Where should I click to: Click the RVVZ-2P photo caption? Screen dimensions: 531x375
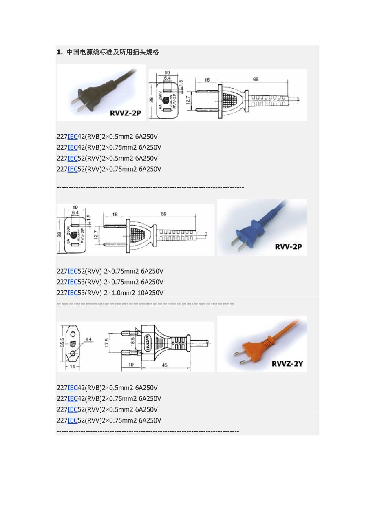pos(125,113)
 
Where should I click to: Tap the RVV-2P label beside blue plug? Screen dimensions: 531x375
pos(288,247)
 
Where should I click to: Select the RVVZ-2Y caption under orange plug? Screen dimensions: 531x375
pos(287,363)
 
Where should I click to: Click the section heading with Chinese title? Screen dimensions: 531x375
pos(108,52)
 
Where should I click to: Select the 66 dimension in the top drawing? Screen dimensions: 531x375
pos(256,80)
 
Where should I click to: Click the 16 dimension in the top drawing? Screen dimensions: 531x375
pos(207,80)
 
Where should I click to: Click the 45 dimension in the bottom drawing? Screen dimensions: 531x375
pos(165,365)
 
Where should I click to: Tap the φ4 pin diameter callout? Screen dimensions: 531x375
pos(89,339)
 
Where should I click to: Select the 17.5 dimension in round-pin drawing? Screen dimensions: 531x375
pos(107,342)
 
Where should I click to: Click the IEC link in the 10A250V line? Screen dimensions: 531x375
pos(73,293)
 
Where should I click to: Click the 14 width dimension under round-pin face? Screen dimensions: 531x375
pos(72,367)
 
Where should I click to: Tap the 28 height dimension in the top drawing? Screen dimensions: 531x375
pos(151,100)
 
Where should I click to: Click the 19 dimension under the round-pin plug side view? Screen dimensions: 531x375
pos(131,365)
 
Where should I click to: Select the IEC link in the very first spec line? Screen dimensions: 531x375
pos(73,137)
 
